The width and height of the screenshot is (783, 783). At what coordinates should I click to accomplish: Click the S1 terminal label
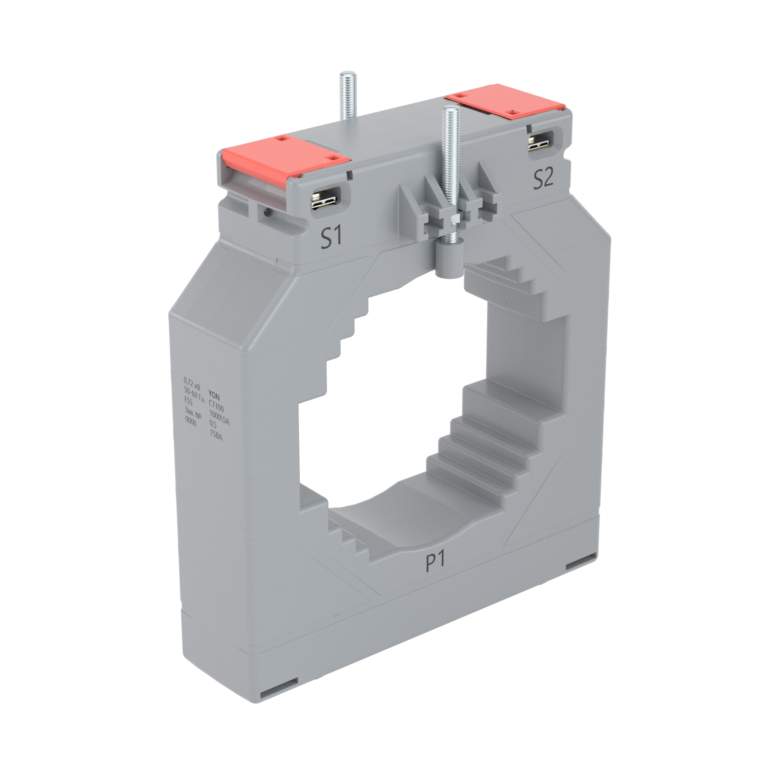331,238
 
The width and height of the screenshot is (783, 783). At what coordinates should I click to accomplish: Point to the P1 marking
435,562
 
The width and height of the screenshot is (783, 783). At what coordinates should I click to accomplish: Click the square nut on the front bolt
454,219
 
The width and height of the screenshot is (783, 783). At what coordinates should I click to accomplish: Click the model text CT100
216,406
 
